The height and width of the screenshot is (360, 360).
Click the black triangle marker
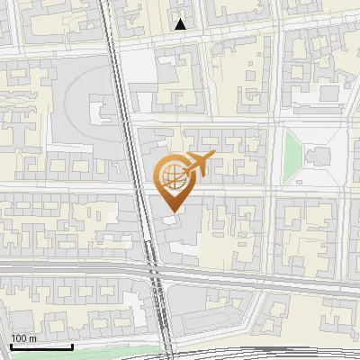(181, 24)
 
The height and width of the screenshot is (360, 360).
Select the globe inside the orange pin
(171, 175)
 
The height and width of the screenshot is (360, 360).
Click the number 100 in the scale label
(19, 338)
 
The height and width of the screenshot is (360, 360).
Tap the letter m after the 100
(32, 338)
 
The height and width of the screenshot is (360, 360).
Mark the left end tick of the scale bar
(10, 346)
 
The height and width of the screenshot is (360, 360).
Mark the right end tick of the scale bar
(72, 346)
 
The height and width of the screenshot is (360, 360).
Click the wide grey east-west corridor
(72, 269)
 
